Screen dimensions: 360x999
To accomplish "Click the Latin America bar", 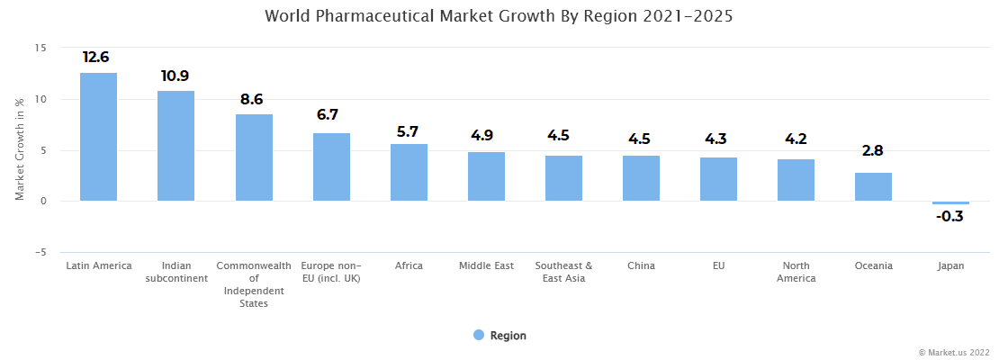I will pos(99,137).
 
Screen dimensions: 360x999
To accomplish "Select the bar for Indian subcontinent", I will pos(175,146).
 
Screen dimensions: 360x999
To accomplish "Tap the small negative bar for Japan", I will pos(950,203).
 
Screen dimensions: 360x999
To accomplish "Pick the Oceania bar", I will pos(873,187).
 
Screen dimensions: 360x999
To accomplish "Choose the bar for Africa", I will pos(409,173).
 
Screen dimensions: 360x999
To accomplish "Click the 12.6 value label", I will pos(97,58).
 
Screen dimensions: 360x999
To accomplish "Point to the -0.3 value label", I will pos(950,217).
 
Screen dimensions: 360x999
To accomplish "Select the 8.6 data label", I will pos(252,100).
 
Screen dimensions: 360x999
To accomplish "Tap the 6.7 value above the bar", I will pos(328,115).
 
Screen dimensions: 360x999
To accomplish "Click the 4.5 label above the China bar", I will pos(640,139).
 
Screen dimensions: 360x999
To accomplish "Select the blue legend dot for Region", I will pos(479,335).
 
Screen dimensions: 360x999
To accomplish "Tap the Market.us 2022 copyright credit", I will pos(953,352).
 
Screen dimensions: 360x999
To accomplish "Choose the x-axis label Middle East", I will pos(486,265).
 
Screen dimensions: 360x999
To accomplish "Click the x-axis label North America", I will pos(796,272).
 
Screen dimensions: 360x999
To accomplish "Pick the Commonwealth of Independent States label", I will pos(254,284).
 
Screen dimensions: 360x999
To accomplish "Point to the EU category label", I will pos(718,265).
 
